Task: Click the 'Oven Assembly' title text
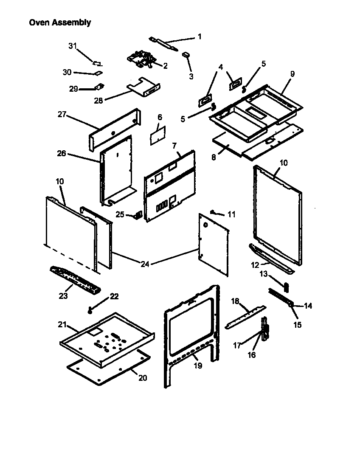coord(59,23)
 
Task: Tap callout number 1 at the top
coord(199,37)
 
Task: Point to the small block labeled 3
coord(186,54)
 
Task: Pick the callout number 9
coord(292,73)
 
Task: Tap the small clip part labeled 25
coord(138,215)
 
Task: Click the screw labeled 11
coord(214,212)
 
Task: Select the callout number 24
coord(145,264)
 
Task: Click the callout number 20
coord(143,377)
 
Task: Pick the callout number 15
coord(297,325)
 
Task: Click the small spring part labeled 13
coord(286,287)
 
